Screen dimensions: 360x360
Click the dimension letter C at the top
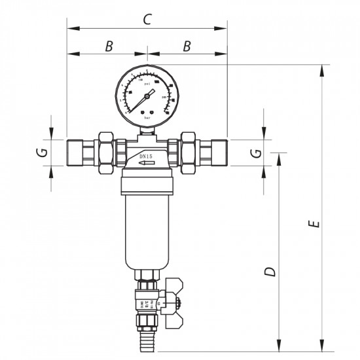pyautogui.click(x=147, y=20)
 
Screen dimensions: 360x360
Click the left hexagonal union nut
pyautogui.click(x=105, y=151)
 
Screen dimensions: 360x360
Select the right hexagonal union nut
pyautogui.click(x=189, y=151)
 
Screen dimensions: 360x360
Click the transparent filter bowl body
pyautogui.click(x=147, y=229)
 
